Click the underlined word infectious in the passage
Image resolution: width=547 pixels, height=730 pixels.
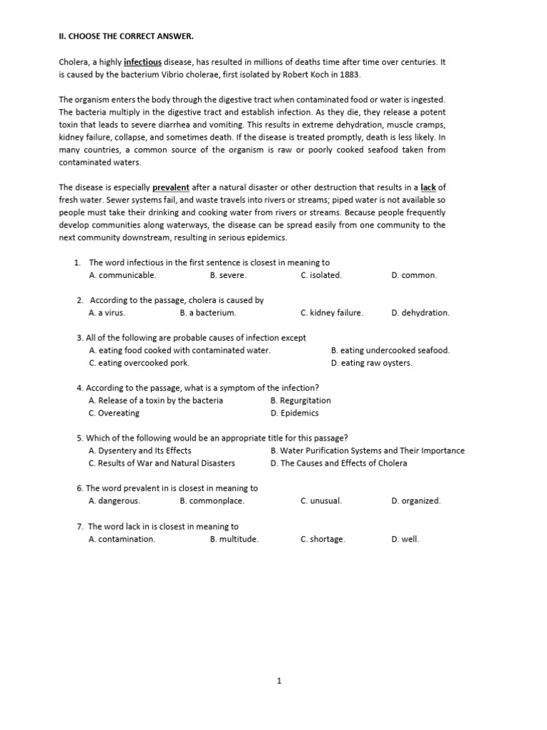click(x=142, y=62)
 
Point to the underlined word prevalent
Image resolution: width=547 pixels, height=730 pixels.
click(x=170, y=187)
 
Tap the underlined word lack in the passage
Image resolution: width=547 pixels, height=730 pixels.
click(x=427, y=187)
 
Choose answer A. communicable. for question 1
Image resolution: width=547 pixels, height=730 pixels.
click(x=122, y=275)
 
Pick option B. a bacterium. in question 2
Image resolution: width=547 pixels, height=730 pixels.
click(x=208, y=313)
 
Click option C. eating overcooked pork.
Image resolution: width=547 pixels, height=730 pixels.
click(x=139, y=363)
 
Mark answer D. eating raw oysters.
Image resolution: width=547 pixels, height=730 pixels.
click(x=371, y=363)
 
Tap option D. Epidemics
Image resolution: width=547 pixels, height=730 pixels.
click(x=294, y=413)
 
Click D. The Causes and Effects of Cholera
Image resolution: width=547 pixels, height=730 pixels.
click(x=338, y=463)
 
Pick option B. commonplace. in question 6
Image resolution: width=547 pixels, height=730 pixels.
click(x=212, y=501)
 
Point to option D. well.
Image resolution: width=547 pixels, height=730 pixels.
click(x=405, y=539)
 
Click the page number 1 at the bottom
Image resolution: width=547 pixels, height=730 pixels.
click(x=279, y=681)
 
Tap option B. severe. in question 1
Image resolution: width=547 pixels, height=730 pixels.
click(x=228, y=275)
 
